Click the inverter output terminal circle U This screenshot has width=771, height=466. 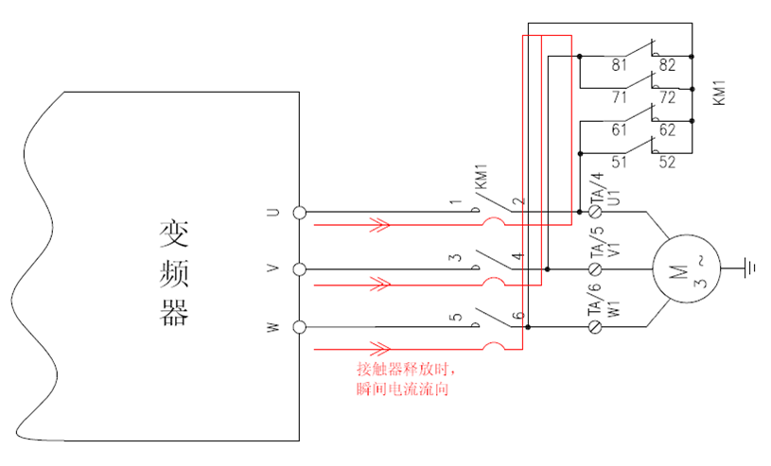click(x=300, y=213)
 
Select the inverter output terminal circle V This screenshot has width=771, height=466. click(x=300, y=269)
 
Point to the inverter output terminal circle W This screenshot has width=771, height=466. click(x=300, y=327)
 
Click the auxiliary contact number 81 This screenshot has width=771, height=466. click(x=620, y=65)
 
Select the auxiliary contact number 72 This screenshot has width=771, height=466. click(x=668, y=97)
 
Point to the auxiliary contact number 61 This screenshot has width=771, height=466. click(x=620, y=130)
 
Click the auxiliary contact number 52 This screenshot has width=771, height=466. click(x=668, y=163)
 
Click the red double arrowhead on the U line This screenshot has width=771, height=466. click(x=379, y=226)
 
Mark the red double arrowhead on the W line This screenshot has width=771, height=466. click(x=379, y=347)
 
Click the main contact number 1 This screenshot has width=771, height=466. click(x=455, y=202)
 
